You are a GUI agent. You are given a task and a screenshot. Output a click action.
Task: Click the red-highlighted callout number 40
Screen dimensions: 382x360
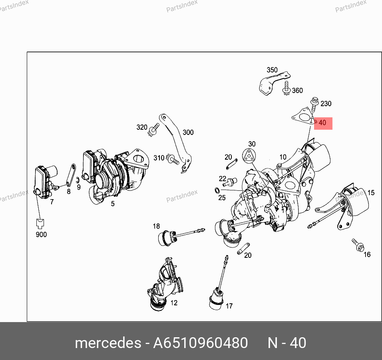(322, 123)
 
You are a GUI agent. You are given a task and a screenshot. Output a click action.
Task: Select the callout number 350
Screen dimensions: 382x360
(272, 70)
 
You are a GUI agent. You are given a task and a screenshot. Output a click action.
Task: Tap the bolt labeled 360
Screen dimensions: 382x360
(286, 89)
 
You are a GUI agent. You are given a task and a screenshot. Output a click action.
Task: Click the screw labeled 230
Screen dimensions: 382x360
(314, 104)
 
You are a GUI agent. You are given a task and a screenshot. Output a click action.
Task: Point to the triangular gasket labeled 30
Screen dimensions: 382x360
(249, 156)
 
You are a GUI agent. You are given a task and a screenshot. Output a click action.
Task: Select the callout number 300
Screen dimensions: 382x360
(188, 133)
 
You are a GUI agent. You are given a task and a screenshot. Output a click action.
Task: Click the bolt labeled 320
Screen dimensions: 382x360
(154, 130)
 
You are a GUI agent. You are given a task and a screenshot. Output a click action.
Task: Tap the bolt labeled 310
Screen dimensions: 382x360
(173, 159)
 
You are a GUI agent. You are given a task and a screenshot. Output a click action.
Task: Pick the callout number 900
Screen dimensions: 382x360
(41, 234)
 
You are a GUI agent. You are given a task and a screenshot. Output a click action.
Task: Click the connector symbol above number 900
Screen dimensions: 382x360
(40, 224)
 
